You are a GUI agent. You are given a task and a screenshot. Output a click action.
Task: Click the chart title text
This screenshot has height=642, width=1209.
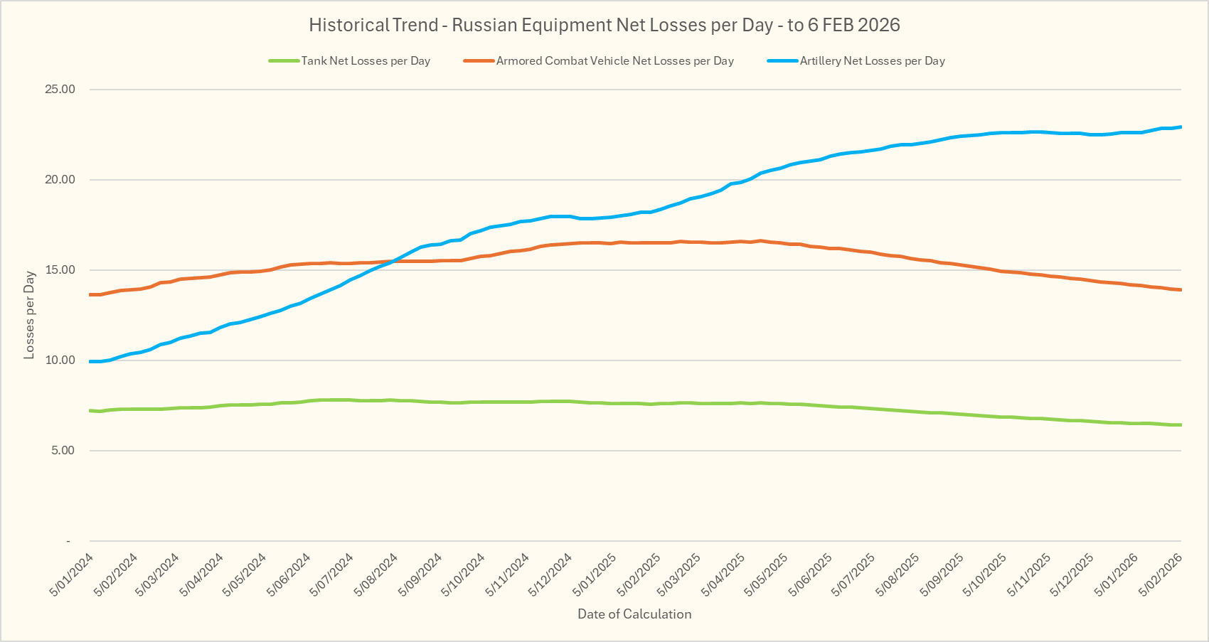[604, 26]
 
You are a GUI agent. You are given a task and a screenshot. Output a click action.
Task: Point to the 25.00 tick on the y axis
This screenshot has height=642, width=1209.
[60, 90]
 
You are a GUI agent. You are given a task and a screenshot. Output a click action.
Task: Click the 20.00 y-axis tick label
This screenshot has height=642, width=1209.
[60, 180]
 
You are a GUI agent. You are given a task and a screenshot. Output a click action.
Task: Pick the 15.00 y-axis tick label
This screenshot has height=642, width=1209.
[60, 270]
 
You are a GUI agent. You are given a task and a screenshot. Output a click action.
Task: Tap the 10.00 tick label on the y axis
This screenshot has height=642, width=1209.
[60, 360]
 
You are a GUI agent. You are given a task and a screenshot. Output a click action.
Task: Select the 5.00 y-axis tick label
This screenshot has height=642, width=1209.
[62, 451]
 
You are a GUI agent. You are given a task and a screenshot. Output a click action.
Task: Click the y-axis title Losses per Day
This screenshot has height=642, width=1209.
[29, 315]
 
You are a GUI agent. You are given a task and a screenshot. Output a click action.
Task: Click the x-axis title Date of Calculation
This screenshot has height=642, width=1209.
[634, 614]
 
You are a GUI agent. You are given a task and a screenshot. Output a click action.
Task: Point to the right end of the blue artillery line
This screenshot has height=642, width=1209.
[1181, 127]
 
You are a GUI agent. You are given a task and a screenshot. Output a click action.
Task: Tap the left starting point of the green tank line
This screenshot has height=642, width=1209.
[90, 410]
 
